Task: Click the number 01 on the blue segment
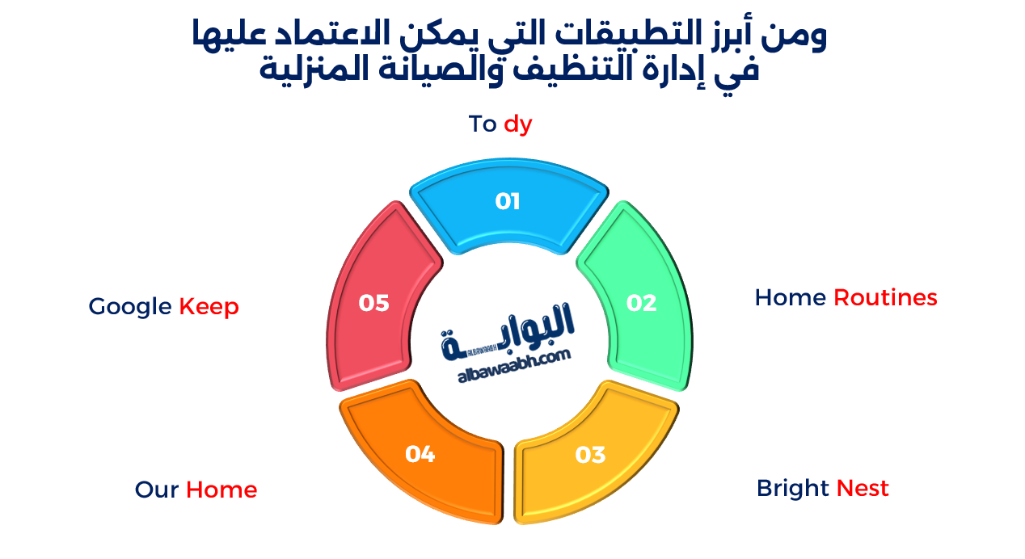click(508, 201)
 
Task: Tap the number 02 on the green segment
click(641, 303)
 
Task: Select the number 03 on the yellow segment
click(590, 455)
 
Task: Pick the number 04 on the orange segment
click(420, 455)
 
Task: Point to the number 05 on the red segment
click(374, 303)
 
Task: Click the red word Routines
click(885, 298)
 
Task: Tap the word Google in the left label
click(130, 307)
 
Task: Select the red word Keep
click(209, 307)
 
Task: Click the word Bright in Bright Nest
click(793, 489)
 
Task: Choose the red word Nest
click(863, 489)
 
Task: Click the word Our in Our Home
click(157, 490)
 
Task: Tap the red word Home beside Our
click(221, 490)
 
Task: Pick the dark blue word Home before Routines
click(790, 298)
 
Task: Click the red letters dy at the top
click(518, 124)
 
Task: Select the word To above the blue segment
click(483, 124)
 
